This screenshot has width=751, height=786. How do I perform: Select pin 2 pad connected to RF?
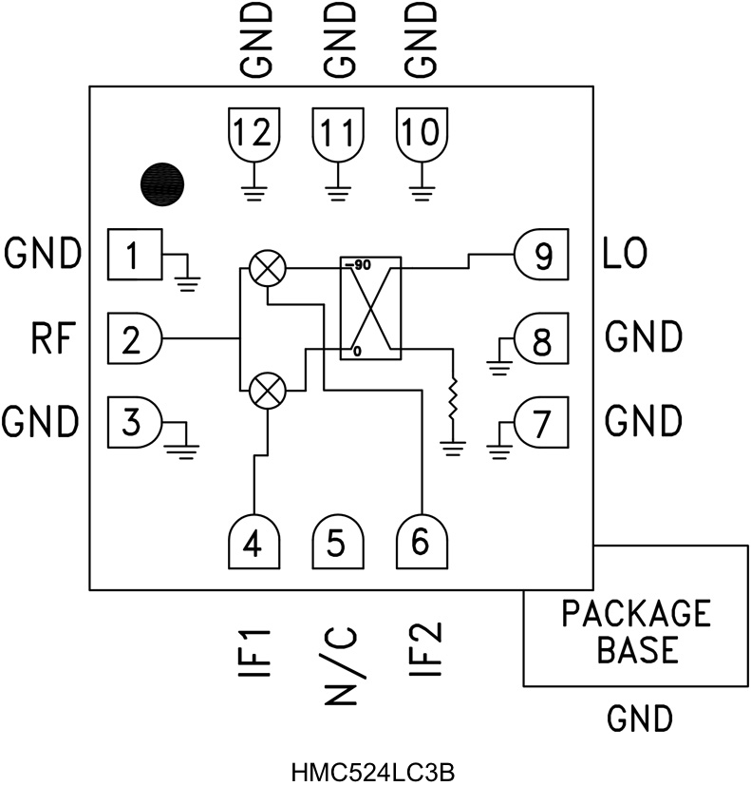pos(135,337)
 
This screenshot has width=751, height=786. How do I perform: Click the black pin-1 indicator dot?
pos(162,182)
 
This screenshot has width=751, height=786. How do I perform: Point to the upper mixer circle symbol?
pos(268,269)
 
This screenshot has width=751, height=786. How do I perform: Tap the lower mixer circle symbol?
pos(268,390)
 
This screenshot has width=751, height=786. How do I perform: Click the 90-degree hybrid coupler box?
pos(371,308)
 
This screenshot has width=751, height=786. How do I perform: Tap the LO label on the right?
pos(626,255)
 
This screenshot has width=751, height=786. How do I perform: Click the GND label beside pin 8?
pos(642,337)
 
